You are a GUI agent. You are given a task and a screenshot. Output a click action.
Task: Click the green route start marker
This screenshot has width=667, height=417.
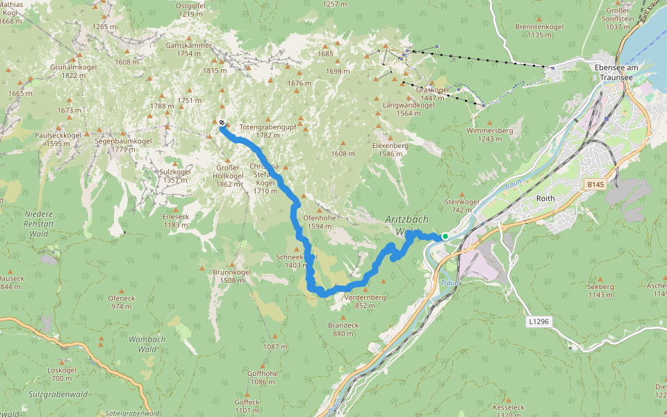click(x=445, y=236)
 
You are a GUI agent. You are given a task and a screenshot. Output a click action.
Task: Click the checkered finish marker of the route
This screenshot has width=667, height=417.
click(x=221, y=123)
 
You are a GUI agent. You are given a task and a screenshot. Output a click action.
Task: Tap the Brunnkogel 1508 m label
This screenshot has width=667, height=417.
click(x=231, y=276)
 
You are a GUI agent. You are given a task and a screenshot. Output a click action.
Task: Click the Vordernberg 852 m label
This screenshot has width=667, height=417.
click(x=365, y=301)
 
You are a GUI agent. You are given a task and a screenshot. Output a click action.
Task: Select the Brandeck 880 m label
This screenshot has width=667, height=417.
click(x=343, y=329)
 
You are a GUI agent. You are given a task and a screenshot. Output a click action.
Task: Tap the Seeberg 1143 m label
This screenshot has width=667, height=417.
click(x=600, y=290)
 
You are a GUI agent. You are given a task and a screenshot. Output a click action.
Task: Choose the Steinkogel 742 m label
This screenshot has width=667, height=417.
click(x=462, y=206)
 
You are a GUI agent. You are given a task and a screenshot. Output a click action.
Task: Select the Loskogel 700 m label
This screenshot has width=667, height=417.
click(x=62, y=373)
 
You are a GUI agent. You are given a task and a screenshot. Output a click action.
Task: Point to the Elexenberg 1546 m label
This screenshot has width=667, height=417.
click(x=390, y=149)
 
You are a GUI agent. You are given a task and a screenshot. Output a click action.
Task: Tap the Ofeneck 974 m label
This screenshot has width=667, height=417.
click(x=121, y=302)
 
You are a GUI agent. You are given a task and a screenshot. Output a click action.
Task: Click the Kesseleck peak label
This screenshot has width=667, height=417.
click(x=508, y=410)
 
